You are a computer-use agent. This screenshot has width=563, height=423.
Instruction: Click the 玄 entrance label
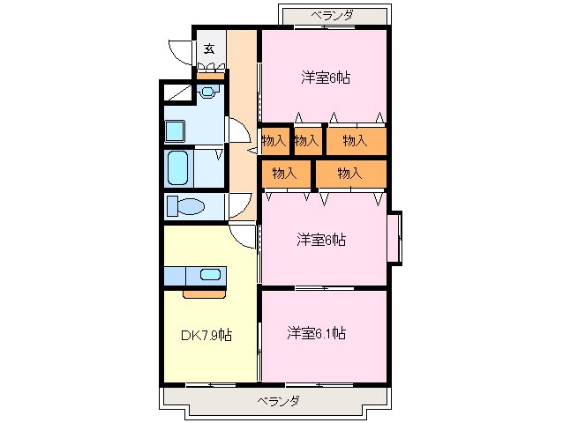pyautogui.click(x=209, y=49)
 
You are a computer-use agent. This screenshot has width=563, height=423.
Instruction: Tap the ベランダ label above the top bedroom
pyautogui.click(x=333, y=15)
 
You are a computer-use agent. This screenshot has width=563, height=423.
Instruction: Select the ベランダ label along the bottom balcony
pyautogui.click(x=278, y=402)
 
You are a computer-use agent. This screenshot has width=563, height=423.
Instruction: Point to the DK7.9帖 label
pyautogui.click(x=206, y=335)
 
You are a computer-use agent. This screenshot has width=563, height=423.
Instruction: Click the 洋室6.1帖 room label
pyautogui.click(x=316, y=333)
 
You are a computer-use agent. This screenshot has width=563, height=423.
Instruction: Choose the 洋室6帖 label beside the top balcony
pyautogui.click(x=325, y=78)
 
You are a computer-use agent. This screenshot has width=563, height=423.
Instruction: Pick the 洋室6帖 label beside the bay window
pyautogui.click(x=320, y=239)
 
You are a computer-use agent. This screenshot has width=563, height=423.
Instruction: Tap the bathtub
pyautogui.click(x=179, y=166)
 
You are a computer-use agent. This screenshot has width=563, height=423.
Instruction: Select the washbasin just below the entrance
pyautogui.click(x=208, y=90)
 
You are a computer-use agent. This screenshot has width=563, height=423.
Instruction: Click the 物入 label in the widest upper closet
pyautogui.click(x=355, y=140)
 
